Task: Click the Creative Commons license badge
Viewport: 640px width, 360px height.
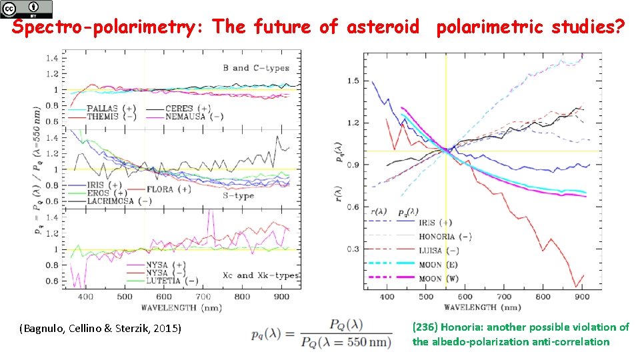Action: pyautogui.click(x=26, y=9)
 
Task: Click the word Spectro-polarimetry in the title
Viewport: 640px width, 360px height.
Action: pyautogui.click(x=108, y=27)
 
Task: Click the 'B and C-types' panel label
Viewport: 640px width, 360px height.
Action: pyautogui.click(x=256, y=67)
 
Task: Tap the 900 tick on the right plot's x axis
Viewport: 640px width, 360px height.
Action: pyautogui.click(x=583, y=297)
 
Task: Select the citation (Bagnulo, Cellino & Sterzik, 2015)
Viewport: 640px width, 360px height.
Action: pyautogui.click(x=101, y=329)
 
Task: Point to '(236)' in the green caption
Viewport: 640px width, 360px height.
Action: pyautogui.click(x=425, y=327)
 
